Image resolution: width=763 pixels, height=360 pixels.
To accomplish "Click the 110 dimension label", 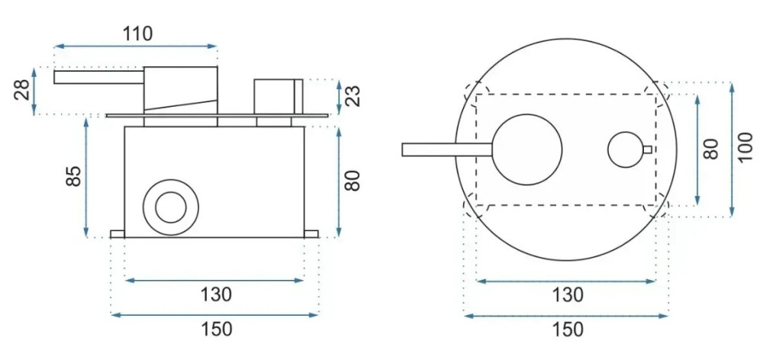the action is click(x=137, y=34).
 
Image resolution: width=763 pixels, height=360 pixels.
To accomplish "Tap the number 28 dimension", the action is click(x=22, y=90).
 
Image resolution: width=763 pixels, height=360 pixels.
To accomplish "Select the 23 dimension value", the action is click(x=354, y=96).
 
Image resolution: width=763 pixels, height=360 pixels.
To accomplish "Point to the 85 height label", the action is click(x=73, y=176).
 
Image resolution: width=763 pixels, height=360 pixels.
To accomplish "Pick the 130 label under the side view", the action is click(x=217, y=294).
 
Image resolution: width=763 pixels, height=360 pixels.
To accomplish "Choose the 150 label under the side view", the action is click(x=217, y=329).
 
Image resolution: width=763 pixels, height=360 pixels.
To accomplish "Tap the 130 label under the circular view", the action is click(x=567, y=295).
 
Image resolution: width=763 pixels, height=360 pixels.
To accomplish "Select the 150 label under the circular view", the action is click(x=567, y=329).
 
